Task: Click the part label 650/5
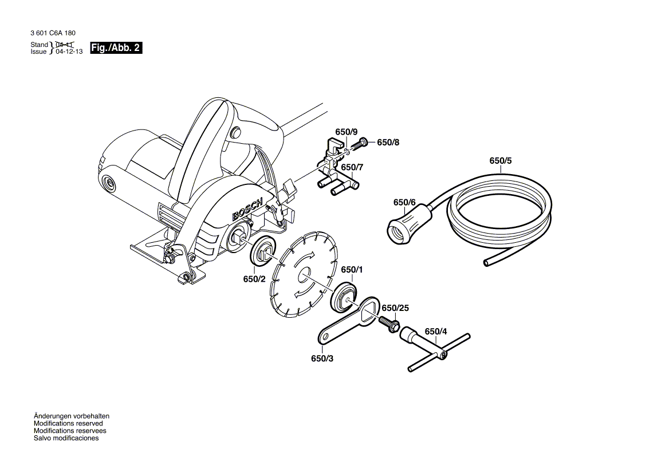tap(501, 161)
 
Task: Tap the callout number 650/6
tap(404, 202)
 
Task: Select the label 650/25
tap(395, 308)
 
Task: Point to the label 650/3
tap(322, 358)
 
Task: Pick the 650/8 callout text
tap(388, 143)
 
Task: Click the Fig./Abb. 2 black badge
tap(116, 48)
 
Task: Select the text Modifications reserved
tap(66, 423)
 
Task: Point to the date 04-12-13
tap(69, 51)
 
